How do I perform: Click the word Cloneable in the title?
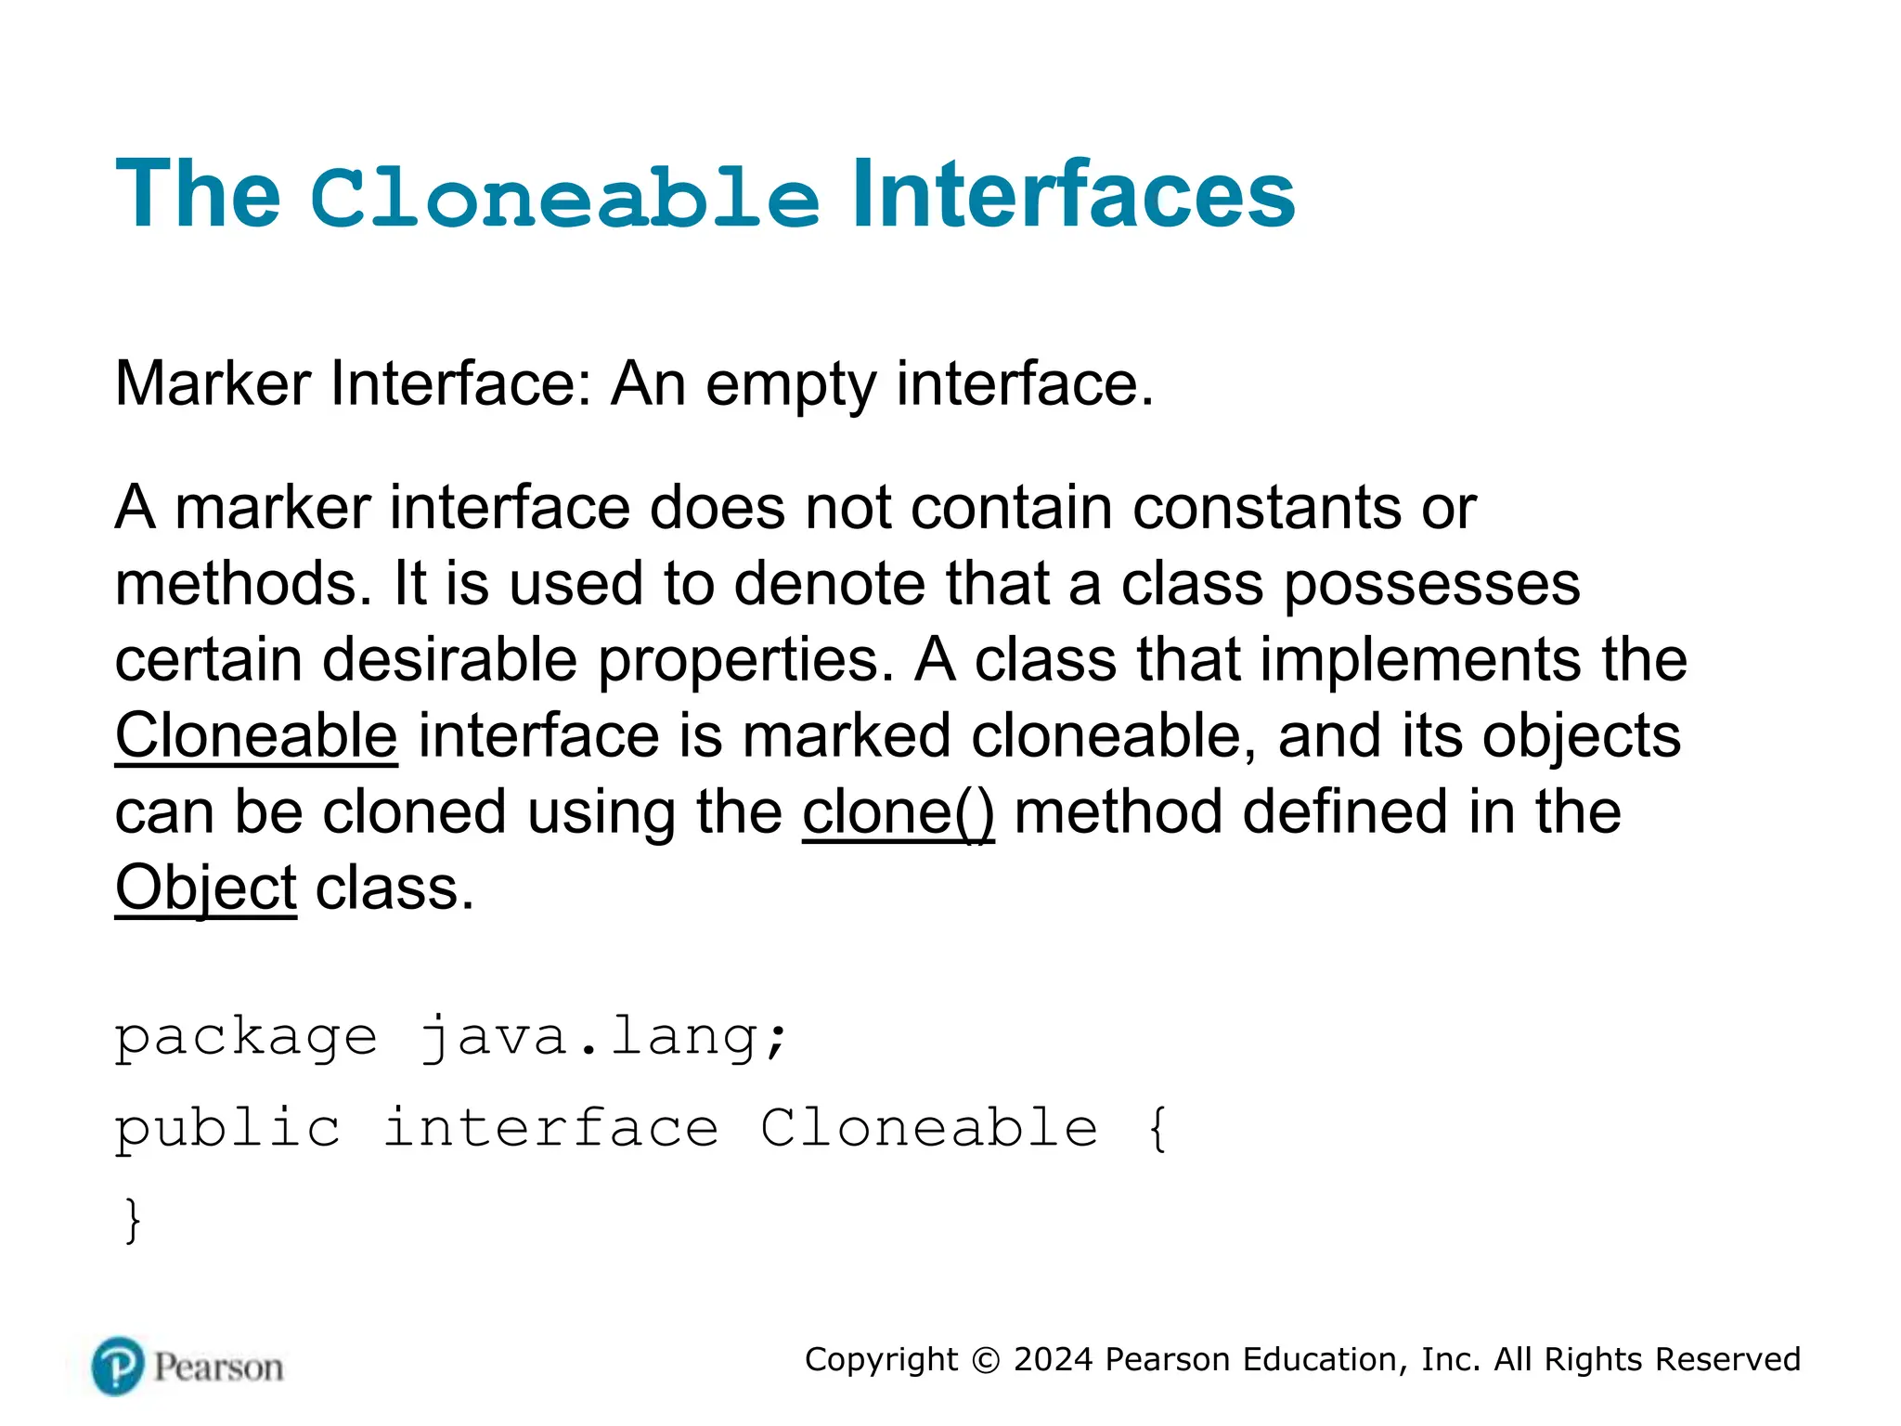(x=564, y=197)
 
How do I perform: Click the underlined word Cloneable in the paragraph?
(x=256, y=735)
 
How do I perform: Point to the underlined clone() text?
(x=898, y=812)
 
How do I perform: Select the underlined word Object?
(x=205, y=888)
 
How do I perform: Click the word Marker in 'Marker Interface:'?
(x=213, y=383)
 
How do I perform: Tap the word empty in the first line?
(x=790, y=385)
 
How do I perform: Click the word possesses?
(x=1431, y=585)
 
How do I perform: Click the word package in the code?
(x=246, y=1038)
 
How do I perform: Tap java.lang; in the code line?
(x=604, y=1038)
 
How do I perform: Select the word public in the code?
(x=227, y=1129)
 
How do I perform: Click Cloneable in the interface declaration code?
(x=929, y=1129)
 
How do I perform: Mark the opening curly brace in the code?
(x=1157, y=1129)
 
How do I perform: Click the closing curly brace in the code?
(x=133, y=1220)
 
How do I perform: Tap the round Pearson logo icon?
(x=118, y=1367)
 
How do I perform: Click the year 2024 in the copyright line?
(x=1054, y=1359)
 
